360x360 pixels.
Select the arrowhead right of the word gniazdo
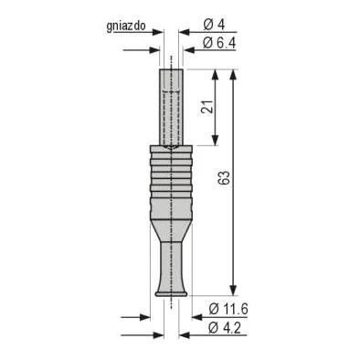click(156, 28)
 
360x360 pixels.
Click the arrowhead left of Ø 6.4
click(185, 43)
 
